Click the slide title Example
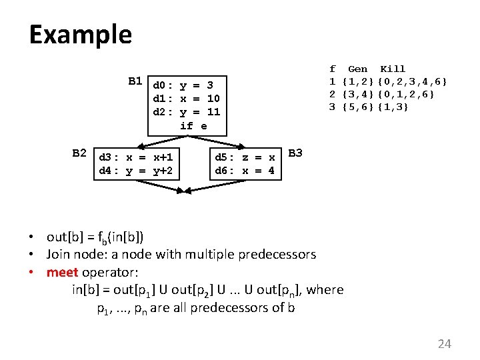[80, 35]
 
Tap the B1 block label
[135, 82]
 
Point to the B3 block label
[296, 153]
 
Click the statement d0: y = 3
[183, 85]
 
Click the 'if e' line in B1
[193, 125]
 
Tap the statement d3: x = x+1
[136, 158]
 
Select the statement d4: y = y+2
[136, 171]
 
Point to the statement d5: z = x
[245, 158]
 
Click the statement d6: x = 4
[245, 171]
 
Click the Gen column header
[358, 69]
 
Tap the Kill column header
[393, 69]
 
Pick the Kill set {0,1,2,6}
[406, 95]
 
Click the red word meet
[63, 272]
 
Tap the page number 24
[444, 344]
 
